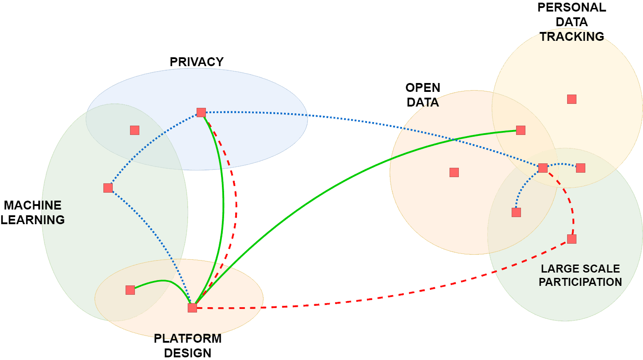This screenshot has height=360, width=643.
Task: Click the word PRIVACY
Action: pyautogui.click(x=197, y=62)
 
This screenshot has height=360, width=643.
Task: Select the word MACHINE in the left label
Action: pyautogui.click(x=32, y=206)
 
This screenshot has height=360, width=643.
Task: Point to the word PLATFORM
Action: pyautogui.click(x=188, y=339)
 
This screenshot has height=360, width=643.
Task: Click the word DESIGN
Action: pyautogui.click(x=188, y=353)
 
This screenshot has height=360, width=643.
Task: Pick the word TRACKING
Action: pyautogui.click(x=572, y=36)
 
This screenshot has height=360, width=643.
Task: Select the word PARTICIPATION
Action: pyautogui.click(x=580, y=282)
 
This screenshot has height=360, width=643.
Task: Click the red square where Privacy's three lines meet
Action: pyautogui.click(x=201, y=112)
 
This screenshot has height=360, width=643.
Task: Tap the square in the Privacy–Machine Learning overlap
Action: pyautogui.click(x=134, y=130)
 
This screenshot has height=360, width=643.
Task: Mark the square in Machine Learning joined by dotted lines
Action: pyautogui.click(x=108, y=188)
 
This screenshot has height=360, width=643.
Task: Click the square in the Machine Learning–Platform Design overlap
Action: pyautogui.click(x=130, y=290)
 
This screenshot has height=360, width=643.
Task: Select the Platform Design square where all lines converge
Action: pyautogui.click(x=192, y=308)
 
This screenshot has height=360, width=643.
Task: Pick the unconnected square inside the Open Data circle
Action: pyautogui.click(x=454, y=172)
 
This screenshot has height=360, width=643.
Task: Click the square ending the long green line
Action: pyautogui.click(x=521, y=130)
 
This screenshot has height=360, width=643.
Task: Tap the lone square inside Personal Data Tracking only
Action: pyautogui.click(x=572, y=99)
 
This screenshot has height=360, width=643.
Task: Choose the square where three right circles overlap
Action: pyautogui.click(x=543, y=168)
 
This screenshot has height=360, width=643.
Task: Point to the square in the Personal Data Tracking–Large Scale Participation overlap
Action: pyautogui.click(x=580, y=168)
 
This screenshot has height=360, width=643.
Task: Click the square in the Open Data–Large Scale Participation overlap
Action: pyautogui.click(x=516, y=212)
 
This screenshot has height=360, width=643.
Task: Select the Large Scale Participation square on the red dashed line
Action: pyautogui.click(x=572, y=239)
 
